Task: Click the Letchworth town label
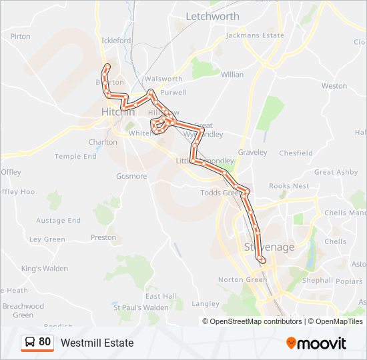click(212, 16)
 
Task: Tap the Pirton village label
click(20, 36)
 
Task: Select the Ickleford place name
click(116, 41)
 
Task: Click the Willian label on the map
click(232, 75)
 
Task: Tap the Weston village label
click(334, 86)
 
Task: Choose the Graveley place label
click(252, 153)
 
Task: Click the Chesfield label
click(296, 153)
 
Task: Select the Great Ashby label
click(336, 172)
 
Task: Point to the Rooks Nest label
click(289, 186)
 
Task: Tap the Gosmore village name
click(131, 177)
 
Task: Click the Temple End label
click(75, 157)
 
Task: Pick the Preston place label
click(103, 237)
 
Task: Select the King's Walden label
click(45, 269)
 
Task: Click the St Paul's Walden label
click(141, 307)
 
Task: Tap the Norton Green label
click(243, 280)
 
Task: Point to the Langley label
click(206, 303)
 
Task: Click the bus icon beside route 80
click(31, 343)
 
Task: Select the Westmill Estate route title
click(97, 343)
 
